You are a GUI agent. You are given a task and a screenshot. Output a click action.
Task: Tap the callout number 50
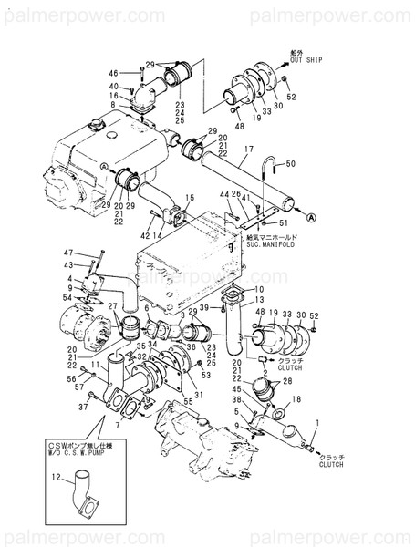[x=290, y=164]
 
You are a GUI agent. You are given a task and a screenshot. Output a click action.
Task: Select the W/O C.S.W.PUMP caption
[x=74, y=450]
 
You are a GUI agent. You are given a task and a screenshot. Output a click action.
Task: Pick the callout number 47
[x=67, y=253]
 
